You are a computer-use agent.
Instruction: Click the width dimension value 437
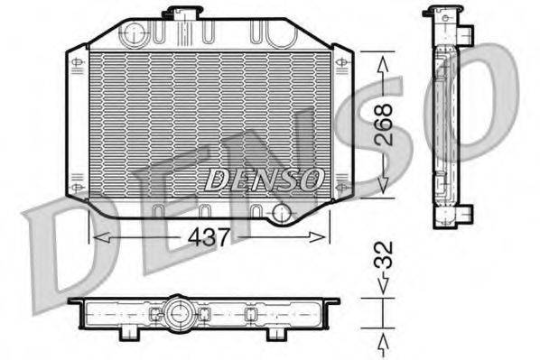pos(210,237)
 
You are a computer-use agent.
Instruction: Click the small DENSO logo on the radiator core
pos(263,178)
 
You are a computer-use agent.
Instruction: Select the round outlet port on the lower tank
pos(283,214)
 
